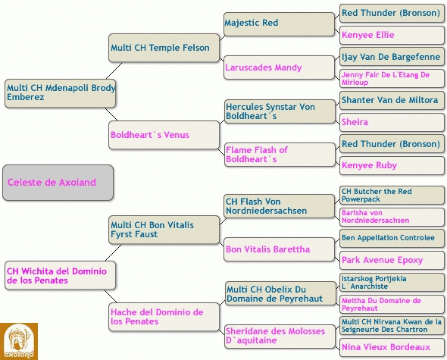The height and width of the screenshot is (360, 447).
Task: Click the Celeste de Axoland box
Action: point(58,183)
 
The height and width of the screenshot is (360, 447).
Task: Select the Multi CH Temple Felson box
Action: point(164,48)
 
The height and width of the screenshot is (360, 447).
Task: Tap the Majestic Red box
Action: point(279,24)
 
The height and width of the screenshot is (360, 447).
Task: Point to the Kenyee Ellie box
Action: point(392,35)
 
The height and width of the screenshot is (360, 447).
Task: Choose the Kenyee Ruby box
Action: point(392,165)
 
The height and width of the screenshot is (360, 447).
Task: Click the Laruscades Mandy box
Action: point(279,67)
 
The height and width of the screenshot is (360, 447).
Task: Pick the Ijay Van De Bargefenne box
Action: point(392,57)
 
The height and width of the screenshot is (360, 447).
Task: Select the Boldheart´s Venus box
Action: point(164,135)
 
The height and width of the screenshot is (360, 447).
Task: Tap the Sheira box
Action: point(392,122)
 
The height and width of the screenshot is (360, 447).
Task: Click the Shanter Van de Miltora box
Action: point(392,100)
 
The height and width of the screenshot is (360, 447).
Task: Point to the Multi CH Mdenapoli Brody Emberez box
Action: point(60,93)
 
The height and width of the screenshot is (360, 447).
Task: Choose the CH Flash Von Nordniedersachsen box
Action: point(279,206)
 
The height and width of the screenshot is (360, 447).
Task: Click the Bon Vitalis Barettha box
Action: point(279,249)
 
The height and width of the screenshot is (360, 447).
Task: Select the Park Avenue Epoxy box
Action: point(392,260)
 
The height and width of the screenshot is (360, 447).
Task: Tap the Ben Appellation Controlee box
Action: point(392,239)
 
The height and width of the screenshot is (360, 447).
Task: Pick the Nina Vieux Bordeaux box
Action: point(392,347)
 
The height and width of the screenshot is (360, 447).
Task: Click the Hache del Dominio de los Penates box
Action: point(164,317)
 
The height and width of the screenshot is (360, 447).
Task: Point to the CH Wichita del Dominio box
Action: point(60,275)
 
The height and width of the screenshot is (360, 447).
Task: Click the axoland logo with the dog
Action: point(19,341)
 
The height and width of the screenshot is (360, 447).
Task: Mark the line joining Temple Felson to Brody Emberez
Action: point(114,70)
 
